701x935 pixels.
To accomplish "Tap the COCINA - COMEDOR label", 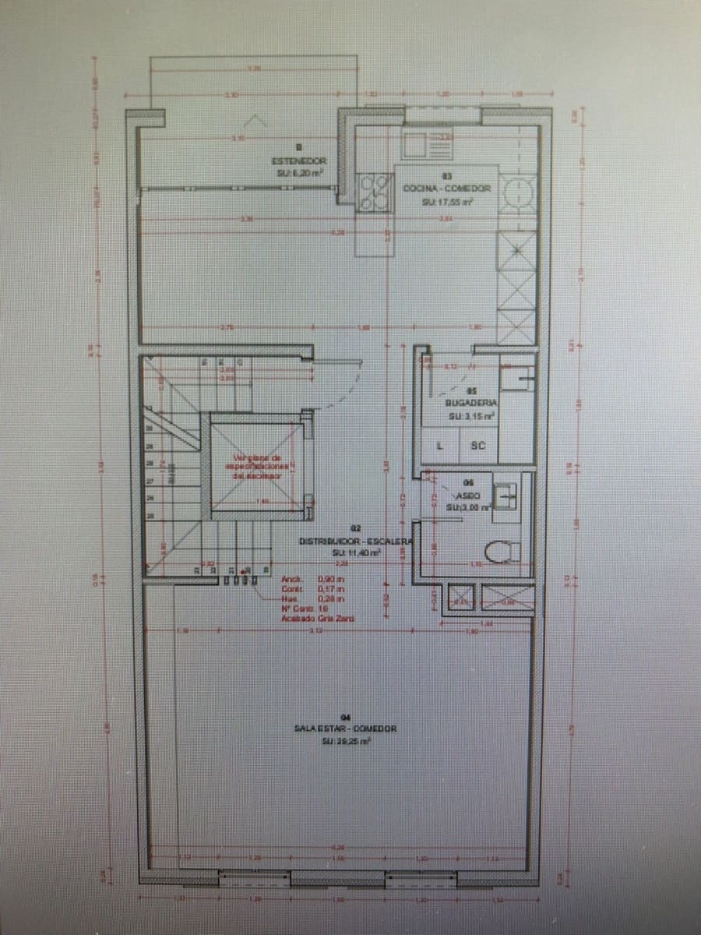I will pyautogui.click(x=446, y=189).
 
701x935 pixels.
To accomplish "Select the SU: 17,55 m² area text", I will pyautogui.click(x=447, y=202).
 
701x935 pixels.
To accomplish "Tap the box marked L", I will pyautogui.click(x=440, y=446).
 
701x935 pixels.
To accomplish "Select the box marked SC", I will pyautogui.click(x=477, y=446).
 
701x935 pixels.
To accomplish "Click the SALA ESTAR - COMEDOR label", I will pyautogui.click(x=346, y=729).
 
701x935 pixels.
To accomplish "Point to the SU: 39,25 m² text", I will pyautogui.click(x=346, y=742).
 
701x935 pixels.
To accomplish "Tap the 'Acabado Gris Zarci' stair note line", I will pyautogui.click(x=318, y=618).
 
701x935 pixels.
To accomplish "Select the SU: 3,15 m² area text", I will pyautogui.click(x=471, y=416).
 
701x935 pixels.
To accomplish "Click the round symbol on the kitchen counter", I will pyautogui.click(x=516, y=192).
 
